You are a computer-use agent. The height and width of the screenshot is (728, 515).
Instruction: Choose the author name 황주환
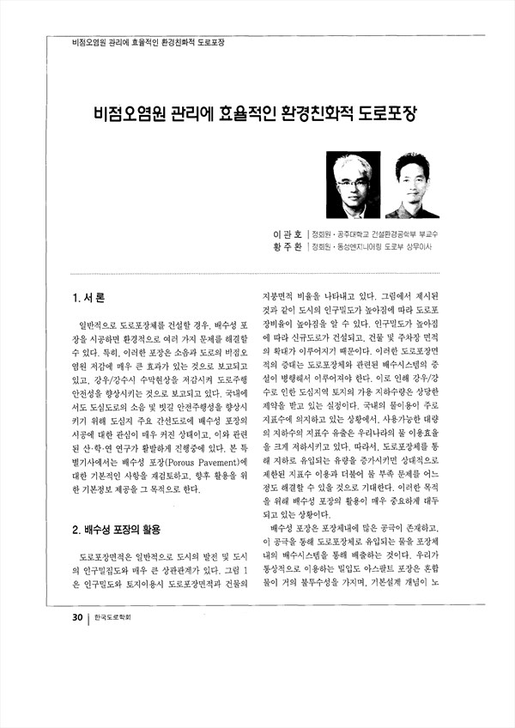(x=288, y=247)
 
